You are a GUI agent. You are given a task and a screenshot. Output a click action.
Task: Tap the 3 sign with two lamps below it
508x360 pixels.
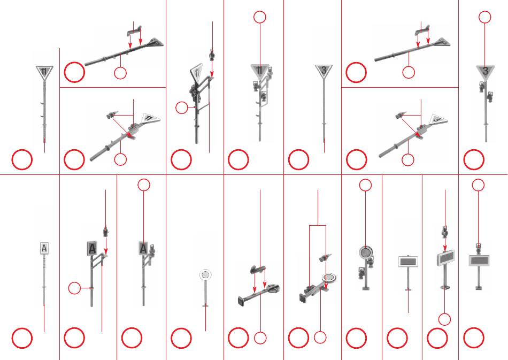[x=485, y=72]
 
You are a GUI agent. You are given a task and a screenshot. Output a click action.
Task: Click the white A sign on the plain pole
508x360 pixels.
[x=44, y=249]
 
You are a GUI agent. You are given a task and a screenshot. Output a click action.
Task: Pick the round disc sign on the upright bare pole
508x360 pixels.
[x=205, y=275]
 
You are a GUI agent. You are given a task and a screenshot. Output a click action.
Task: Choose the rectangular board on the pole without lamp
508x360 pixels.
[x=408, y=262]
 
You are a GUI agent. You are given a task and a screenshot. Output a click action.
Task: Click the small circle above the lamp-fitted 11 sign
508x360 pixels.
[x=259, y=17]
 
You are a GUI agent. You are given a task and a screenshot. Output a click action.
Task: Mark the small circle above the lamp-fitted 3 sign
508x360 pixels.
[x=484, y=17]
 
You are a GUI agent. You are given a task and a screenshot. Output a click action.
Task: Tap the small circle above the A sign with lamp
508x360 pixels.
[x=144, y=185]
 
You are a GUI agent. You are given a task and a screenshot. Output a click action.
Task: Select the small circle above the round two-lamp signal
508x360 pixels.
[x=365, y=185]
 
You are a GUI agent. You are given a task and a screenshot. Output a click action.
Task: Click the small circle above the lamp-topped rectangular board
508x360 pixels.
[x=478, y=185]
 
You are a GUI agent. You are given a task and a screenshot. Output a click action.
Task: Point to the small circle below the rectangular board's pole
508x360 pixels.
[x=444, y=319]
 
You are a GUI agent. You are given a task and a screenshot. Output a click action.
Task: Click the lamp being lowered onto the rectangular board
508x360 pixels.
[x=445, y=232]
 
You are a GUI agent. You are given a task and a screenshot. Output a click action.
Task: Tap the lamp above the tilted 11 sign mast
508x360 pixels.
[x=212, y=56]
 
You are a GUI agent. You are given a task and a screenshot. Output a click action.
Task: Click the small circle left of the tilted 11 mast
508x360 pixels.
[x=182, y=108]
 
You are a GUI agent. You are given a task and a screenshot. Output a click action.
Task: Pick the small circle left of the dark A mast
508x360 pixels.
[x=74, y=288]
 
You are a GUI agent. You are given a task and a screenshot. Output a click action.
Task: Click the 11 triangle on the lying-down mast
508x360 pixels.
[x=150, y=119]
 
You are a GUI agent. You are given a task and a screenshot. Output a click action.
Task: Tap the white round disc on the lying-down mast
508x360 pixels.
[x=329, y=278]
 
